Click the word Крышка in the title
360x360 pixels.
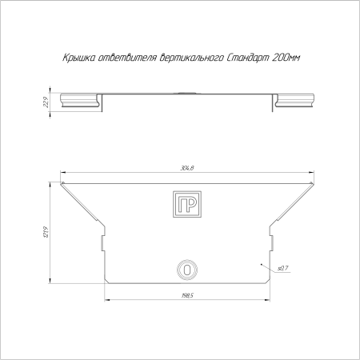[x=79, y=58]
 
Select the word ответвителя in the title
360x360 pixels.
[x=127, y=58]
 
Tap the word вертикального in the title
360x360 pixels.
[x=191, y=58]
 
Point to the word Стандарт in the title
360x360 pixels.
[x=248, y=58]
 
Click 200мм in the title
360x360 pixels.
[x=286, y=58]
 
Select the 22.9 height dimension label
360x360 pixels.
[x=46, y=102]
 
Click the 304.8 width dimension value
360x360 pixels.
[x=187, y=168]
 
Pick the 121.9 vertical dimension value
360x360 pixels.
[x=46, y=232]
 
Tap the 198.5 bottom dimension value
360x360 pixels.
[x=187, y=295]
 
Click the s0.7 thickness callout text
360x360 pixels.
[x=283, y=268]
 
